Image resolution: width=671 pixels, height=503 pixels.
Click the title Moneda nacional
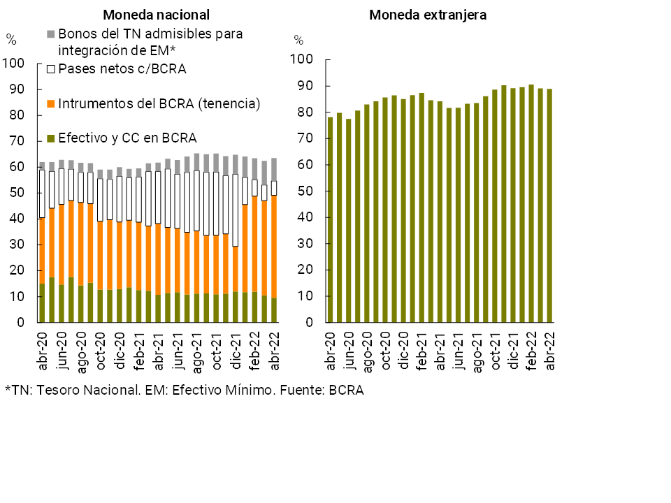(156, 15)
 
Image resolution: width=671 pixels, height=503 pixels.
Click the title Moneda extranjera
(428, 15)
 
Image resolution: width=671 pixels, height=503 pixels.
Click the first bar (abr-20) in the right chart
(330, 220)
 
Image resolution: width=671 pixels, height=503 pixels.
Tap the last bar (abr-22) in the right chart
(549, 206)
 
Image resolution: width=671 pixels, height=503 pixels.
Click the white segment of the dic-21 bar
(236, 210)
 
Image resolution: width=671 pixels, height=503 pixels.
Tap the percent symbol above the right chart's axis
(298, 40)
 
